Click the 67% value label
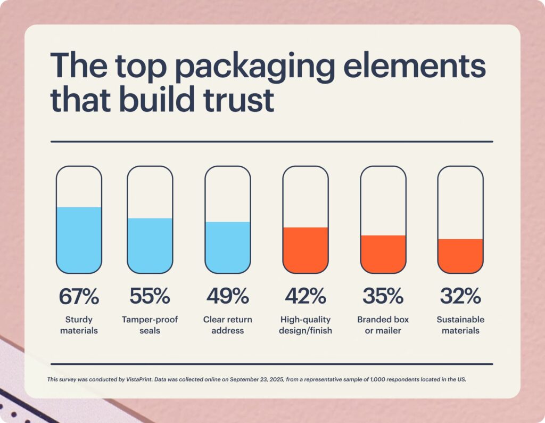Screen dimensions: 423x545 [79, 296]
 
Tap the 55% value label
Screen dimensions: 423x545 [150, 296]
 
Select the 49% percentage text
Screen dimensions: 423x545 [227, 296]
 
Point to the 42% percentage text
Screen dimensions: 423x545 [305, 296]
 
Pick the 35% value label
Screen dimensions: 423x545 [383, 296]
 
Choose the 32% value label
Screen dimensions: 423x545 [460, 296]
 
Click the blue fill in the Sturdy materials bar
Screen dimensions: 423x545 [79, 240]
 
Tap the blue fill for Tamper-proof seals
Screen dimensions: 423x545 [150, 245]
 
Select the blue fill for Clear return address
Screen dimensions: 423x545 [227, 247]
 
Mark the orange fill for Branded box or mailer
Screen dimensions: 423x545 [383, 254]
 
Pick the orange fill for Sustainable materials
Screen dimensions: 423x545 [460, 256]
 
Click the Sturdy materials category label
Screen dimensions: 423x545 [79, 325]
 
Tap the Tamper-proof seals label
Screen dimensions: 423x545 [150, 325]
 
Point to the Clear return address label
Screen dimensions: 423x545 [227, 325]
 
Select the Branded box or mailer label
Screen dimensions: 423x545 [383, 325]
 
